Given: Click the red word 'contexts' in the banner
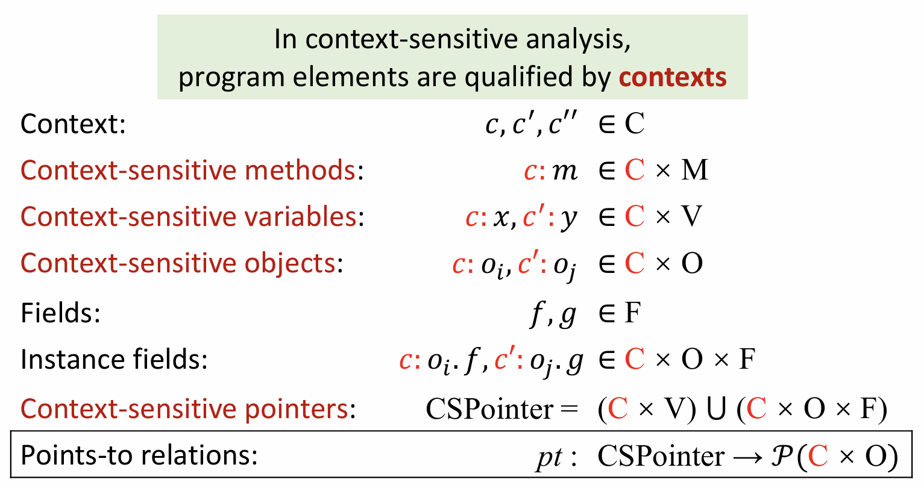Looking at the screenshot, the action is pyautogui.click(x=673, y=77).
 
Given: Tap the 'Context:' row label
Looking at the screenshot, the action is pyautogui.click(x=73, y=124).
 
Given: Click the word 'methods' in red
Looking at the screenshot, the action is pyautogui.click(x=300, y=170).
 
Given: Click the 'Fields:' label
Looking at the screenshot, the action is pyautogui.click(x=61, y=313).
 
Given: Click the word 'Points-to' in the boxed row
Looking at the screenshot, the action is pyautogui.click(x=77, y=455).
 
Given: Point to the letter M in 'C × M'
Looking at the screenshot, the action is pyautogui.click(x=694, y=170).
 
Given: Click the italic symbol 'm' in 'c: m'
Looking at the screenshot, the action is pyautogui.click(x=565, y=171).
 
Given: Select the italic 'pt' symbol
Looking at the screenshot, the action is pyautogui.click(x=550, y=457).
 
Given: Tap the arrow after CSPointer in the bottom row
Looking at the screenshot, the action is pyautogui.click(x=747, y=457).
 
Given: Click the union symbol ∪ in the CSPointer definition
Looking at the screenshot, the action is pyautogui.click(x=716, y=409).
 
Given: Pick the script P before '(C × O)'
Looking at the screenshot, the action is pyautogui.click(x=782, y=456).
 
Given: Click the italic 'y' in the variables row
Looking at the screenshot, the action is pyautogui.click(x=569, y=219).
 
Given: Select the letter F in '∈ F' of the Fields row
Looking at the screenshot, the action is pyautogui.click(x=633, y=313).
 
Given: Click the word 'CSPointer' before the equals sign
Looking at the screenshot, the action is pyautogui.click(x=489, y=409).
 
